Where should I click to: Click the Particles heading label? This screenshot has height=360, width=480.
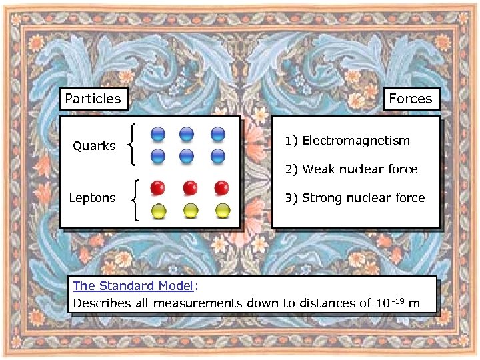93,99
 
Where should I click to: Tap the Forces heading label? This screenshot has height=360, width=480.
410,99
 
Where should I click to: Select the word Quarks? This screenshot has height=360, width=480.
94,146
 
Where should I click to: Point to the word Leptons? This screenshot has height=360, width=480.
93,198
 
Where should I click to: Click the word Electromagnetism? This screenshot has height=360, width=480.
355,141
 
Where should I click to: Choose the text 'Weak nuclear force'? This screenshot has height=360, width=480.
360,169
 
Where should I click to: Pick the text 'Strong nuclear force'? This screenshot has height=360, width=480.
363,198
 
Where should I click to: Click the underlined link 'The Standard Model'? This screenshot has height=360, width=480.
133,286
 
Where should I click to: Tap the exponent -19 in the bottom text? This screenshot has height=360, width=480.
398,299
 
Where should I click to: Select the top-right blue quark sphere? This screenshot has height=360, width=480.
217,134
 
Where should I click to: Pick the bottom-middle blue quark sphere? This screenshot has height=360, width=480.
187,157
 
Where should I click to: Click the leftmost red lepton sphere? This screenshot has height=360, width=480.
158,187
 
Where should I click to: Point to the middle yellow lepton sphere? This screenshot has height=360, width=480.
191,211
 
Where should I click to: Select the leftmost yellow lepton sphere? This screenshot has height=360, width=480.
158,211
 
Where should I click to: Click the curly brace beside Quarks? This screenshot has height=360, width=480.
135,145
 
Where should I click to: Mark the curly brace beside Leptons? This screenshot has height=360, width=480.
136,199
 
